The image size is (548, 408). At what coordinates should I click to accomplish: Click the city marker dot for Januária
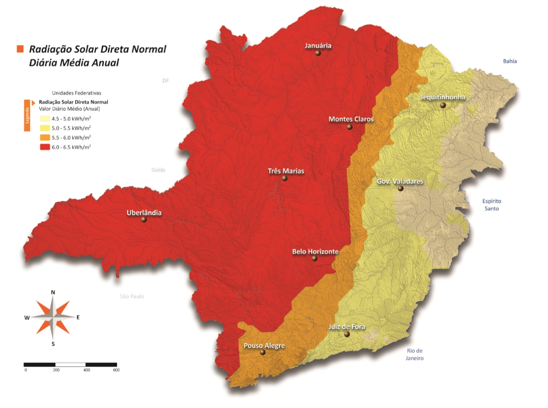[318, 53]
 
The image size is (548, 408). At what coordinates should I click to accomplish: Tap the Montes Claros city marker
[349, 127]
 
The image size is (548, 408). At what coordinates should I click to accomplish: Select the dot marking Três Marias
[284, 178]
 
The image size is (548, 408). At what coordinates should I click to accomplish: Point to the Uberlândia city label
[144, 212]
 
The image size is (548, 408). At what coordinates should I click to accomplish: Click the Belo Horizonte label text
[315, 252]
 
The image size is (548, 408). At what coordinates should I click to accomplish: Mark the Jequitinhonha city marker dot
[443, 105]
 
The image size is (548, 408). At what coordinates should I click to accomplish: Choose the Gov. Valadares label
[400, 181]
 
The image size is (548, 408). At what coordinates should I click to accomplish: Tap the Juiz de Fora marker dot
[347, 334]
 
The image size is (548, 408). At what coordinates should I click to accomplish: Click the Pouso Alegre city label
[264, 345]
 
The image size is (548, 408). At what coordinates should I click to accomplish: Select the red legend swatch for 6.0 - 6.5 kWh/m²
[45, 147]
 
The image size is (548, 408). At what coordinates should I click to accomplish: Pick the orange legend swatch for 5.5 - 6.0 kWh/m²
[45, 138]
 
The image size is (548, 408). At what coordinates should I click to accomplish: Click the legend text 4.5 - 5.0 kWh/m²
[71, 119]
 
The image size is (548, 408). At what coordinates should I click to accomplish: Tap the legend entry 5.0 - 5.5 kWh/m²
[71, 128]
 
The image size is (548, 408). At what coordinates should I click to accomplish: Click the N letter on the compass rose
[53, 292]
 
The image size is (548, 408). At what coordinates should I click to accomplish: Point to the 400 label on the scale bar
[87, 370]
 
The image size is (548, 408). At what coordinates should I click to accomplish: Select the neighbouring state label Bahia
[510, 61]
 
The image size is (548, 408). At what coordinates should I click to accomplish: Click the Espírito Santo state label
[491, 205]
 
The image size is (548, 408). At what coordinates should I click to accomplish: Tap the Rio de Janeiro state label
[414, 354]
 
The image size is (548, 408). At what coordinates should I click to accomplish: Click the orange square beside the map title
[20, 49]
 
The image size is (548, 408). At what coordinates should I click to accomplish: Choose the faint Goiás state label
[158, 170]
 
